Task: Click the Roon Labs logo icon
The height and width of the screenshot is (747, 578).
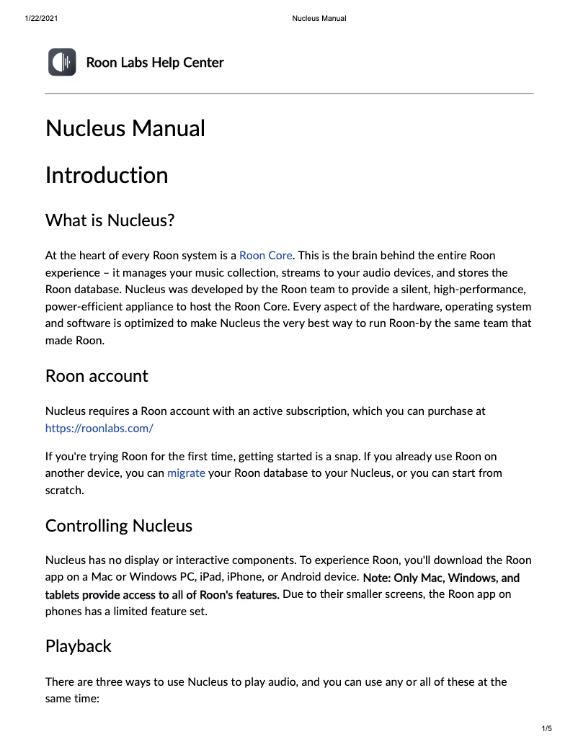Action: tap(62, 62)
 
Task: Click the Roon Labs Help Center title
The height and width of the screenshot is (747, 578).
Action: tap(154, 63)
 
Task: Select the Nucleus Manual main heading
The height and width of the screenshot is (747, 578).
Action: tap(125, 128)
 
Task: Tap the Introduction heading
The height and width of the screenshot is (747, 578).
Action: tap(107, 175)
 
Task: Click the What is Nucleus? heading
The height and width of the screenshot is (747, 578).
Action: tap(110, 220)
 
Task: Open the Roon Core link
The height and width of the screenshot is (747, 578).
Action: tap(265, 256)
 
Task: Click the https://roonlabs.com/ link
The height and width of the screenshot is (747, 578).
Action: tap(99, 428)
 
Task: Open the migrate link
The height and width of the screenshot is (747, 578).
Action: tap(186, 473)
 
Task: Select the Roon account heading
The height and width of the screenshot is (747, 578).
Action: tap(97, 376)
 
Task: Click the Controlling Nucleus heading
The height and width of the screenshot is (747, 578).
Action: tap(119, 526)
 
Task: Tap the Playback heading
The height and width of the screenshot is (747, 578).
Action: tap(79, 646)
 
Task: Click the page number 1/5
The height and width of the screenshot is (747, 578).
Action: tap(546, 729)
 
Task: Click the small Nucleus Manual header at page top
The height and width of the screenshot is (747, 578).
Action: tap(319, 18)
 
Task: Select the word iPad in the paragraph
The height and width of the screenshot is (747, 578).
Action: tap(210, 577)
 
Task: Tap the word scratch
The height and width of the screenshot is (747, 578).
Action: tap(63, 490)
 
